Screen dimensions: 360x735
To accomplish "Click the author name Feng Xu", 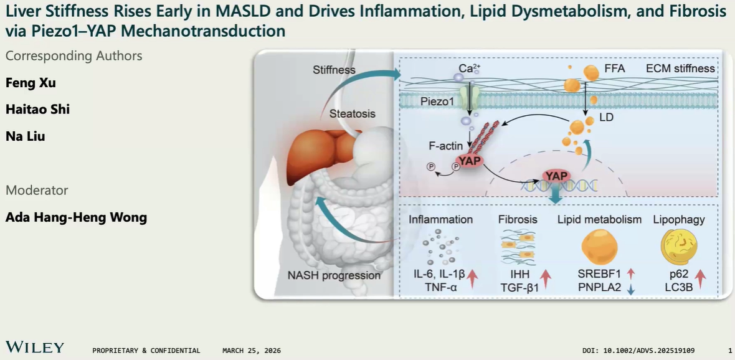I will coord(31,83).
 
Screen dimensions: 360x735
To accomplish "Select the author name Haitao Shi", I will coord(37,110).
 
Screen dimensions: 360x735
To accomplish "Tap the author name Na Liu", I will coord(25,136).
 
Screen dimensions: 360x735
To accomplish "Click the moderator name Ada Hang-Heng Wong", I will coord(76,217).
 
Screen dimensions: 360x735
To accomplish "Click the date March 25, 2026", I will coord(251,351).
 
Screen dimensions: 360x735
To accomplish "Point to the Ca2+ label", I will coord(467,67).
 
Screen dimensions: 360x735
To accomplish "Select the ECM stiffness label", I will coord(680,68).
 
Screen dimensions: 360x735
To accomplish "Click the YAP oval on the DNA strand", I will coord(556,176).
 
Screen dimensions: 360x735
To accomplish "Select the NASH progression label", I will coord(334,275).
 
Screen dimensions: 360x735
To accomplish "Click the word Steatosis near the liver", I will coord(353,114).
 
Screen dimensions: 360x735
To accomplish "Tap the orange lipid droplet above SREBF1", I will coord(599,247).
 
